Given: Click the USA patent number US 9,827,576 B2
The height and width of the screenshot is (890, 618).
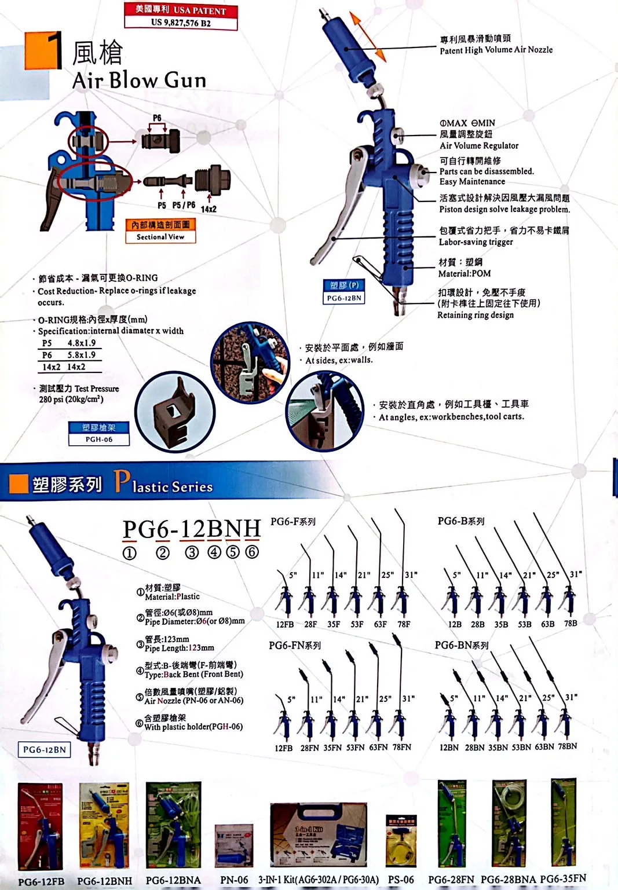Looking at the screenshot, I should (x=181, y=23).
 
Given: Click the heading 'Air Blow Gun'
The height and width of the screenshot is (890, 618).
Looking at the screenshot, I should (x=139, y=80).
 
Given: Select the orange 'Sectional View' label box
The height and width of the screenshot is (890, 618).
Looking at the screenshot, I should (x=160, y=230).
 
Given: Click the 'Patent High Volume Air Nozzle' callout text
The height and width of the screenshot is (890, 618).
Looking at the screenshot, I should (x=496, y=50).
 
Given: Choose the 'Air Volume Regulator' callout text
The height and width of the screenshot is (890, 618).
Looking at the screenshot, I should (x=478, y=146).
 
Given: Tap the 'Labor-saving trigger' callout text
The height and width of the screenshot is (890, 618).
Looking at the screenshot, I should (x=476, y=242).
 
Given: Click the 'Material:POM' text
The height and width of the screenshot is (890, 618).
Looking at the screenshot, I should (x=464, y=273).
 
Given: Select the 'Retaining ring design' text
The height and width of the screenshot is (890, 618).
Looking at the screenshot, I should (x=475, y=315).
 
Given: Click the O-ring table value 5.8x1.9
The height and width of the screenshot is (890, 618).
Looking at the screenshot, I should (x=81, y=355).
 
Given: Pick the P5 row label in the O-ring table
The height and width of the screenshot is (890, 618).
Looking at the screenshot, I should (x=47, y=343).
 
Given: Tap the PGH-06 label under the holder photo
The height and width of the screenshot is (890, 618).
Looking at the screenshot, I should (x=99, y=439).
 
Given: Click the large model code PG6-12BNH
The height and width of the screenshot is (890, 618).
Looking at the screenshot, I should (x=192, y=529).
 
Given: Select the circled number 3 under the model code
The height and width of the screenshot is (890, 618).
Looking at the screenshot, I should (x=192, y=552).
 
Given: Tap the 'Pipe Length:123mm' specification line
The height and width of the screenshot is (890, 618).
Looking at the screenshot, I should (x=179, y=648).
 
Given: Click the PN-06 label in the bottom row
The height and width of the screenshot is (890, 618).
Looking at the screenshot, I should (x=234, y=880).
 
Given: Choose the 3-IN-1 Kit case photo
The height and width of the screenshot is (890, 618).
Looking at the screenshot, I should (x=318, y=834).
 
